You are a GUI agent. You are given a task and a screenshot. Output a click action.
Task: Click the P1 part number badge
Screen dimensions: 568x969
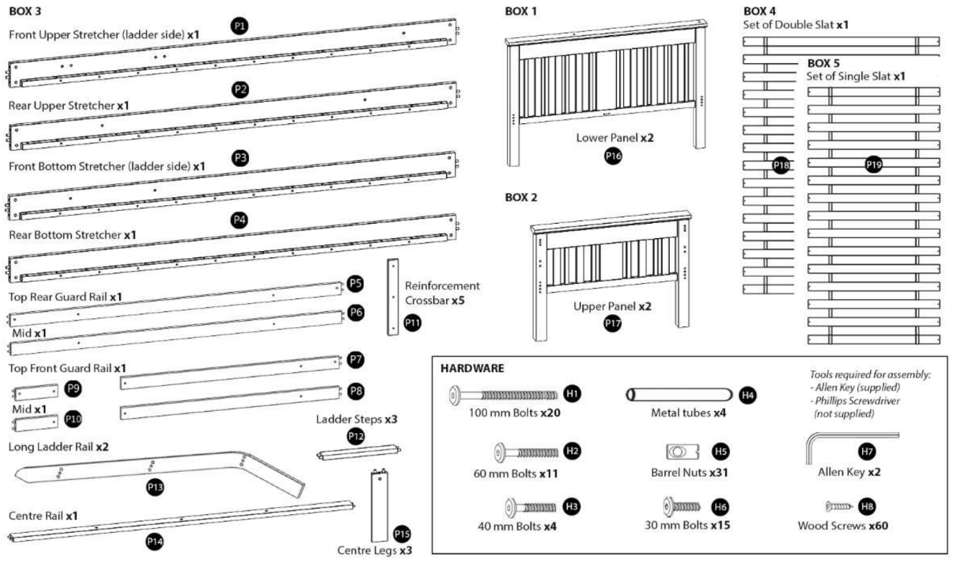point(240,26)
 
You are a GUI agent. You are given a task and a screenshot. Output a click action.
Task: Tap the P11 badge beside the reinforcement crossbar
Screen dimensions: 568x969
point(412,323)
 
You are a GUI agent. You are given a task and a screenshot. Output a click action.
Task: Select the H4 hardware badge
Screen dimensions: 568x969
point(748,394)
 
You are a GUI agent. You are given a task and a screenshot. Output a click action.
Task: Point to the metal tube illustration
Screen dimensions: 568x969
point(679,394)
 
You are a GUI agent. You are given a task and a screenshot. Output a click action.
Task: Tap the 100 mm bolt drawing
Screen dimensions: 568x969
point(504,394)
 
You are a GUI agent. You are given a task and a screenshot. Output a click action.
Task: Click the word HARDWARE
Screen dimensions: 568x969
point(472,368)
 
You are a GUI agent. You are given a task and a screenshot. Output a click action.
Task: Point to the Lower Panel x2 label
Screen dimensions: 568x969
point(614,137)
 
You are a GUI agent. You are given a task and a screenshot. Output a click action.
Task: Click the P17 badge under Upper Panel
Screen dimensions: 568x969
point(613,323)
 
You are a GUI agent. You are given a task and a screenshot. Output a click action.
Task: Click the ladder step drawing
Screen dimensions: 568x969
point(357,453)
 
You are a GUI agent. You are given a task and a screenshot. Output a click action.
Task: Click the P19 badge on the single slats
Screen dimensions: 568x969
point(874,165)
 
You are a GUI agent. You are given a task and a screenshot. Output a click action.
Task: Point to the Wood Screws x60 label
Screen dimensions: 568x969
point(843,526)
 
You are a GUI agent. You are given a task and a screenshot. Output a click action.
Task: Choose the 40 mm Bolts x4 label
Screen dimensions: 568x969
point(517,526)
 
